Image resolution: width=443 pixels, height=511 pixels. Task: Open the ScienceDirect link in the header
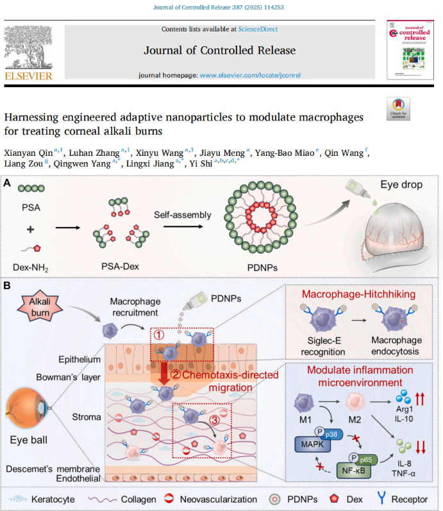[258, 29]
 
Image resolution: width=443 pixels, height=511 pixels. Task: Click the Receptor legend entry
[411, 498]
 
